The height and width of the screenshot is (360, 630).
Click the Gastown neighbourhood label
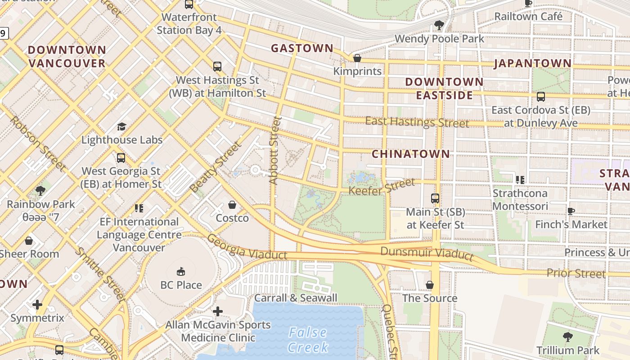302,48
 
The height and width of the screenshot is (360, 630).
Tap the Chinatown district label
410,154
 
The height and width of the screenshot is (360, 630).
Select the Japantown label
533,63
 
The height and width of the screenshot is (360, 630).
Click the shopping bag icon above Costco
232,205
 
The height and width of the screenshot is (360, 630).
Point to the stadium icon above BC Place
181,271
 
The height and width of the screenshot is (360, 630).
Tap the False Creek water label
308,340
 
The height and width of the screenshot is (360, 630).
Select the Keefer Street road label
382,187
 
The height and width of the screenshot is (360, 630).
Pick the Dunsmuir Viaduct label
427,253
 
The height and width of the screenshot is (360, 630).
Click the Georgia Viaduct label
247,247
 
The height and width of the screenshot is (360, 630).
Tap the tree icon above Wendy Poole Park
439,25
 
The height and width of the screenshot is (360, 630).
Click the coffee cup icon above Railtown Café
528,4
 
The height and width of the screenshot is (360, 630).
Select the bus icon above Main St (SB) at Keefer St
435,198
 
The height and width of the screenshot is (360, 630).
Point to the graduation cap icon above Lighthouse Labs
121,126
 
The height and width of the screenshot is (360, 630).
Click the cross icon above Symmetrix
37,305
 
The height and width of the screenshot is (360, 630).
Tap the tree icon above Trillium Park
567,337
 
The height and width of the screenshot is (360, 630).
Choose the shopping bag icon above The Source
430,285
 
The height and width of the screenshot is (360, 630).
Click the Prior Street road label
576,273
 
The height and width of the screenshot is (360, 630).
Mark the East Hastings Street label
417,122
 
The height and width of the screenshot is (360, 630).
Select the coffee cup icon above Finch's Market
571,211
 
